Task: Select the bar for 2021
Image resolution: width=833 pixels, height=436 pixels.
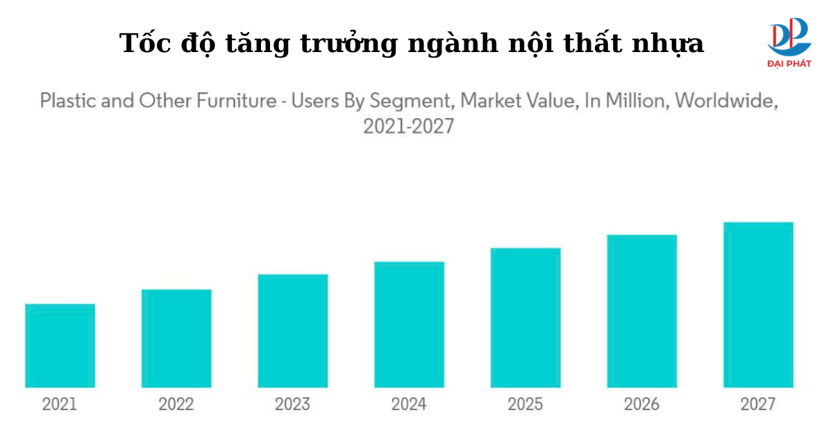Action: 60,346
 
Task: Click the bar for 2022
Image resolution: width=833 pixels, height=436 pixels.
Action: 176,338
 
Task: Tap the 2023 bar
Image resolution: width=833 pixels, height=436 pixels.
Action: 293,330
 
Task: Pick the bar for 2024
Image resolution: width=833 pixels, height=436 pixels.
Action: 409,324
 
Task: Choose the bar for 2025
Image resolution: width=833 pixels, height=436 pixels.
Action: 525,317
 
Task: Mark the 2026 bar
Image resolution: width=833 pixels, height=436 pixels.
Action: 642,311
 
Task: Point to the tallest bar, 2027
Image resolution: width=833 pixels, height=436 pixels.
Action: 758,305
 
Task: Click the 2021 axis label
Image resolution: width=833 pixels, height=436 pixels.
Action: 60,404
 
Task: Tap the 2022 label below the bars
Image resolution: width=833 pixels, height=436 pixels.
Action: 176,404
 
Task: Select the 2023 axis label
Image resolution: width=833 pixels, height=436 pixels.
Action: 293,404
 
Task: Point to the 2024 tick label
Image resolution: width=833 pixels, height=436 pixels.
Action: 409,404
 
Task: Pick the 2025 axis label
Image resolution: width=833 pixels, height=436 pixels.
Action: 525,404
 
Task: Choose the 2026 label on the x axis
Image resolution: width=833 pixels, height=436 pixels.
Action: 642,404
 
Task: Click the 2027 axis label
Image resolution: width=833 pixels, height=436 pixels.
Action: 758,404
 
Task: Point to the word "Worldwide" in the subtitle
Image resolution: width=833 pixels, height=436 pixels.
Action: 726,101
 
